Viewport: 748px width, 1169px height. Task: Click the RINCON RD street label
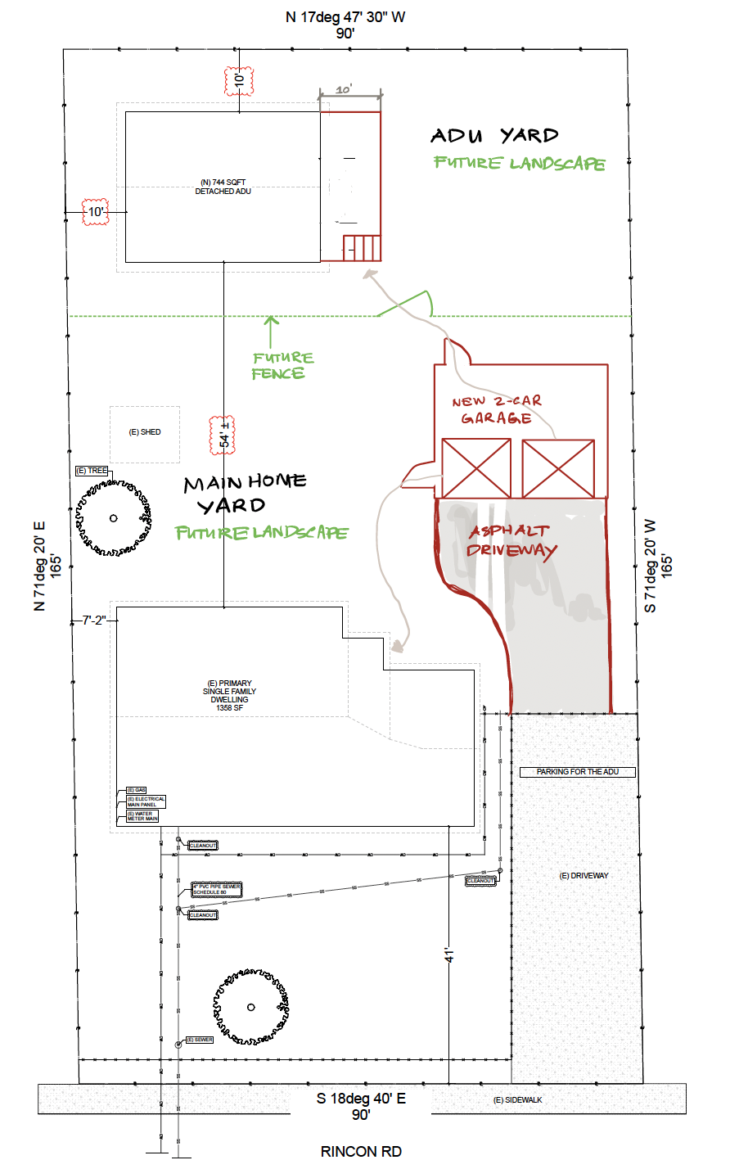pos(361,1151)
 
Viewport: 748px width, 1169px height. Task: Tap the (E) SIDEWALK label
pos(518,1099)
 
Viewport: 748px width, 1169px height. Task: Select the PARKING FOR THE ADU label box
pos(578,772)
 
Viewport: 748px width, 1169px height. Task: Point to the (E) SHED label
pos(145,432)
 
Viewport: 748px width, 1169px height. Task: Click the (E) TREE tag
pos(92,471)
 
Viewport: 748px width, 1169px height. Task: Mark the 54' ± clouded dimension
pos(223,435)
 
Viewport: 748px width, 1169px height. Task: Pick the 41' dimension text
pos(448,954)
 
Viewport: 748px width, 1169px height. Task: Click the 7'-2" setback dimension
pos(94,621)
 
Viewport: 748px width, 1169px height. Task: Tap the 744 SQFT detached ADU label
pos(223,187)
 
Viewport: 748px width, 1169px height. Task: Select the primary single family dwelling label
pos(230,695)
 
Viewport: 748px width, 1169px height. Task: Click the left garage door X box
pos(476,468)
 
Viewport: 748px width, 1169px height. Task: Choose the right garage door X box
pos(558,468)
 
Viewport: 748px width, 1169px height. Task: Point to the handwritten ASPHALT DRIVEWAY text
pos(511,540)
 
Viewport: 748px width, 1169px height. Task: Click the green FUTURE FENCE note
pos(281,366)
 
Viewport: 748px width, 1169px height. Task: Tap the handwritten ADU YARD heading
pos(494,135)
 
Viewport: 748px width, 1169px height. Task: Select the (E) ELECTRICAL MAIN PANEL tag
pos(146,801)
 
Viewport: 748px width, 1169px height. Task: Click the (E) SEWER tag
pos(200,1040)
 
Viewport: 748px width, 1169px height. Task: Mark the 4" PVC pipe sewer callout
pos(217,889)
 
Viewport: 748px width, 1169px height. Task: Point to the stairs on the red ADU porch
pos(361,247)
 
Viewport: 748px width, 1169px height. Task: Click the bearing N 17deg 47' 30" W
pos(345,16)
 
